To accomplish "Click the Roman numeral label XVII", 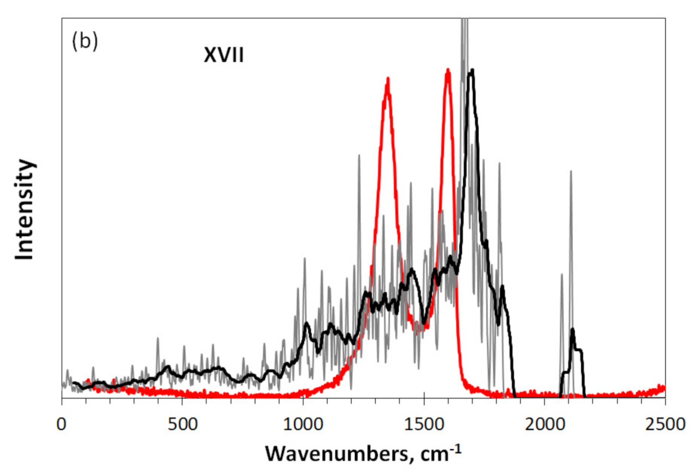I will point(224,55).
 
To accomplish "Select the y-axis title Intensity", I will point(24,209).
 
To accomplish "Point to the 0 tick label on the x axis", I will point(61,425).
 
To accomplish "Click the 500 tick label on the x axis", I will point(182,425).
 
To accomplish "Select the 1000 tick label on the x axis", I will point(303,425).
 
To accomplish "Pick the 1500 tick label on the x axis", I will point(424,425).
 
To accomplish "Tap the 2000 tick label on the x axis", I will point(544,425).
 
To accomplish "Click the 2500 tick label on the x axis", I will point(665,425).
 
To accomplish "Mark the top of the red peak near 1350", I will point(387,79).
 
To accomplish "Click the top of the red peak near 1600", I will point(448,70).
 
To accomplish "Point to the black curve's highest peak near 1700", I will point(471,71).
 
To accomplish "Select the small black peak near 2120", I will point(572,330).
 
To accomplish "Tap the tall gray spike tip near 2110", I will point(571,171).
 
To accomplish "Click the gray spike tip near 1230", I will point(359,155).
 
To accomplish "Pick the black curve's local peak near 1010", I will point(306,323).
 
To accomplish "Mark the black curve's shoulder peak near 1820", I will point(502,286).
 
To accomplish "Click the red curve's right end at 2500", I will point(664,388).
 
